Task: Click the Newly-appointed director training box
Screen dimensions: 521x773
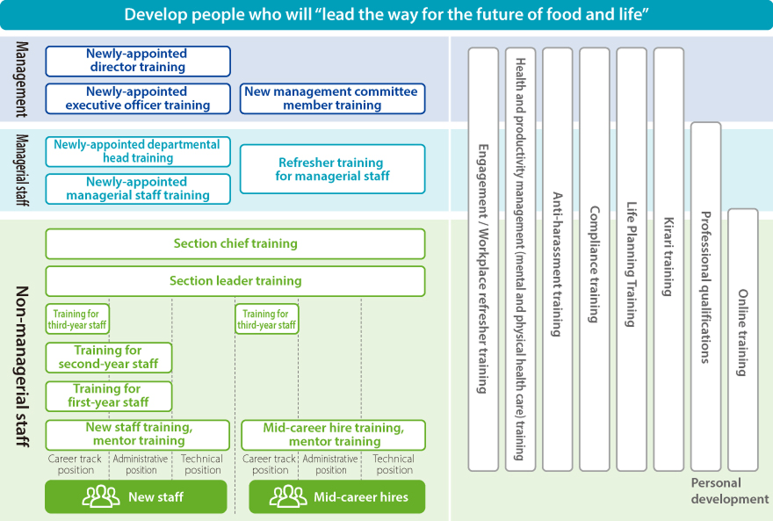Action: click(x=138, y=61)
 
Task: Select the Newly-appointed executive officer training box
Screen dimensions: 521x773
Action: click(x=138, y=98)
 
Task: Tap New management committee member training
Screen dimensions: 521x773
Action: click(x=332, y=98)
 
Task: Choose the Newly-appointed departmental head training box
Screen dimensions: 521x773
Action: click(x=138, y=151)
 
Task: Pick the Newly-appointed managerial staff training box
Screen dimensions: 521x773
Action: click(x=138, y=189)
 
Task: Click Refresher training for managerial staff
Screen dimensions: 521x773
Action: click(x=332, y=169)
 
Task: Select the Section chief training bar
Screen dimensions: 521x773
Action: click(x=235, y=243)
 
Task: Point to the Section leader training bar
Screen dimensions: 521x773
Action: click(x=235, y=281)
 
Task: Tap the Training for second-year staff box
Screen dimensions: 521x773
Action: click(x=108, y=357)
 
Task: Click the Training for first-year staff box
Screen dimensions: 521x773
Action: click(x=108, y=395)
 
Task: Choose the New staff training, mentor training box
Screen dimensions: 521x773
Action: click(x=138, y=434)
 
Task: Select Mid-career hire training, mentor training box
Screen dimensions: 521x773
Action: click(x=332, y=434)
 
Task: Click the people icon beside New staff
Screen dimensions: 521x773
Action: click(x=101, y=497)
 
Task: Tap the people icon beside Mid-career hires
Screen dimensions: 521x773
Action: click(x=288, y=497)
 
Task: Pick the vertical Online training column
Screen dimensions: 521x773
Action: click(x=742, y=338)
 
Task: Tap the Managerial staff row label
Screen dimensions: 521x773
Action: click(x=22, y=170)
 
